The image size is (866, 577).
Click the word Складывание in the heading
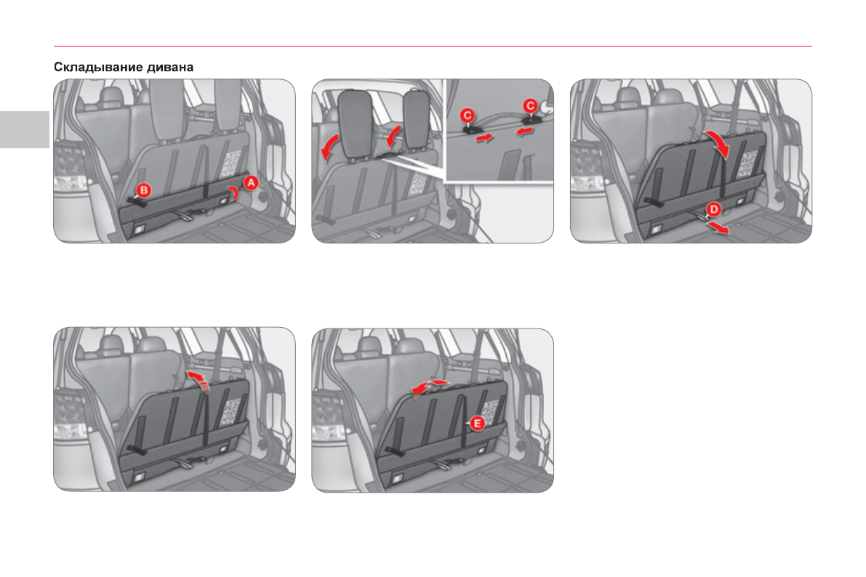tap(97, 68)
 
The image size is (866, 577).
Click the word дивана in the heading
tap(170, 68)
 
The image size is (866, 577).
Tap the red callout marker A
tap(252, 182)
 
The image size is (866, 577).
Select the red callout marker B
tap(143, 190)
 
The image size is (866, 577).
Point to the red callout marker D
tap(713, 210)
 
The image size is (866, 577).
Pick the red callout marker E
tap(477, 424)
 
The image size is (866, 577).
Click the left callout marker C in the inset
tap(468, 116)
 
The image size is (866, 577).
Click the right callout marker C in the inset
tap(530, 106)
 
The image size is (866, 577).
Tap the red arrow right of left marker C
tap(484, 137)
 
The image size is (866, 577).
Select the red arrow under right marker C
tap(525, 131)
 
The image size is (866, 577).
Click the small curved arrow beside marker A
tap(236, 191)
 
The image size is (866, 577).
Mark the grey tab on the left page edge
tap(25, 129)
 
